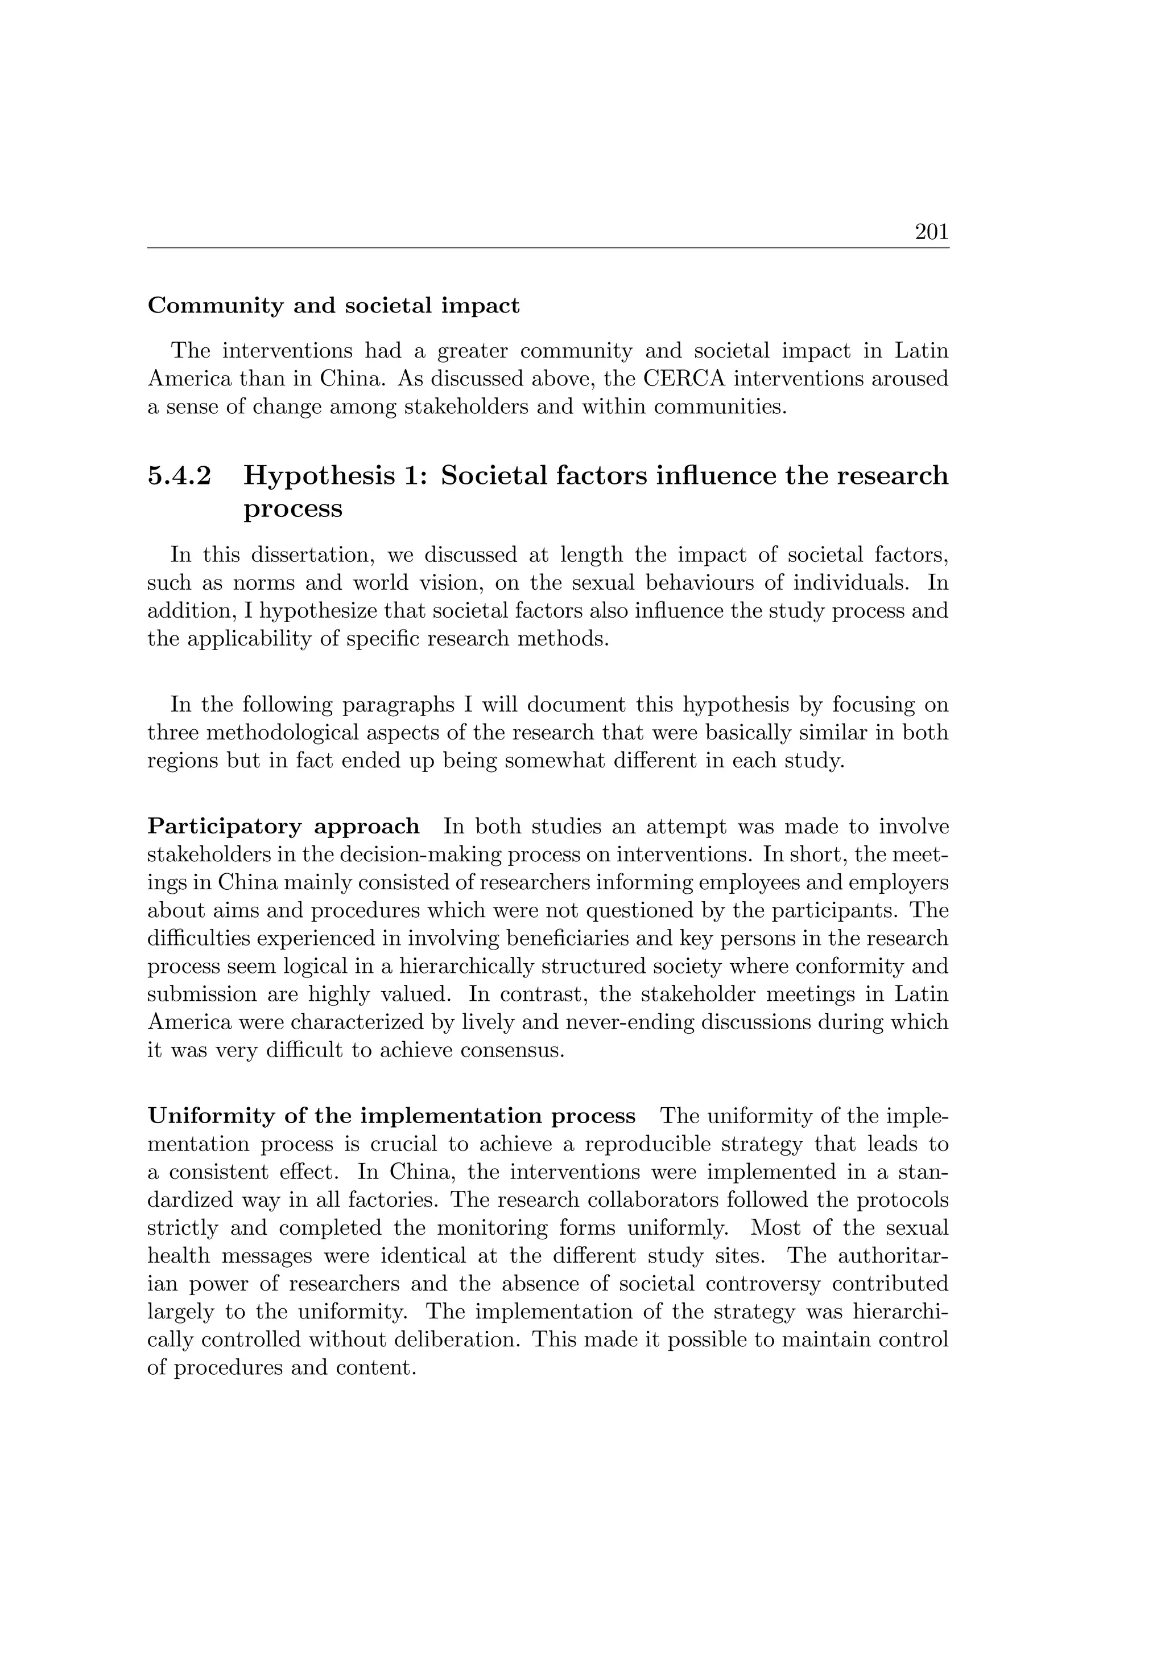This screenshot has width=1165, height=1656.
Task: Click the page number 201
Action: click(931, 232)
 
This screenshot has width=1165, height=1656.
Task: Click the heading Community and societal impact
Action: click(333, 306)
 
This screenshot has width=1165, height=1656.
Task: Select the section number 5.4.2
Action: click(180, 476)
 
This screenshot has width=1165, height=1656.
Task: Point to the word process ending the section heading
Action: click(293, 508)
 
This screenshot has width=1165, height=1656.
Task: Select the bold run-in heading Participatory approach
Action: click(283, 826)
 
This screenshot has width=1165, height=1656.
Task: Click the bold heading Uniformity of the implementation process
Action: click(391, 1116)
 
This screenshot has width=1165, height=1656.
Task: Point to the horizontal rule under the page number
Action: click(548, 248)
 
